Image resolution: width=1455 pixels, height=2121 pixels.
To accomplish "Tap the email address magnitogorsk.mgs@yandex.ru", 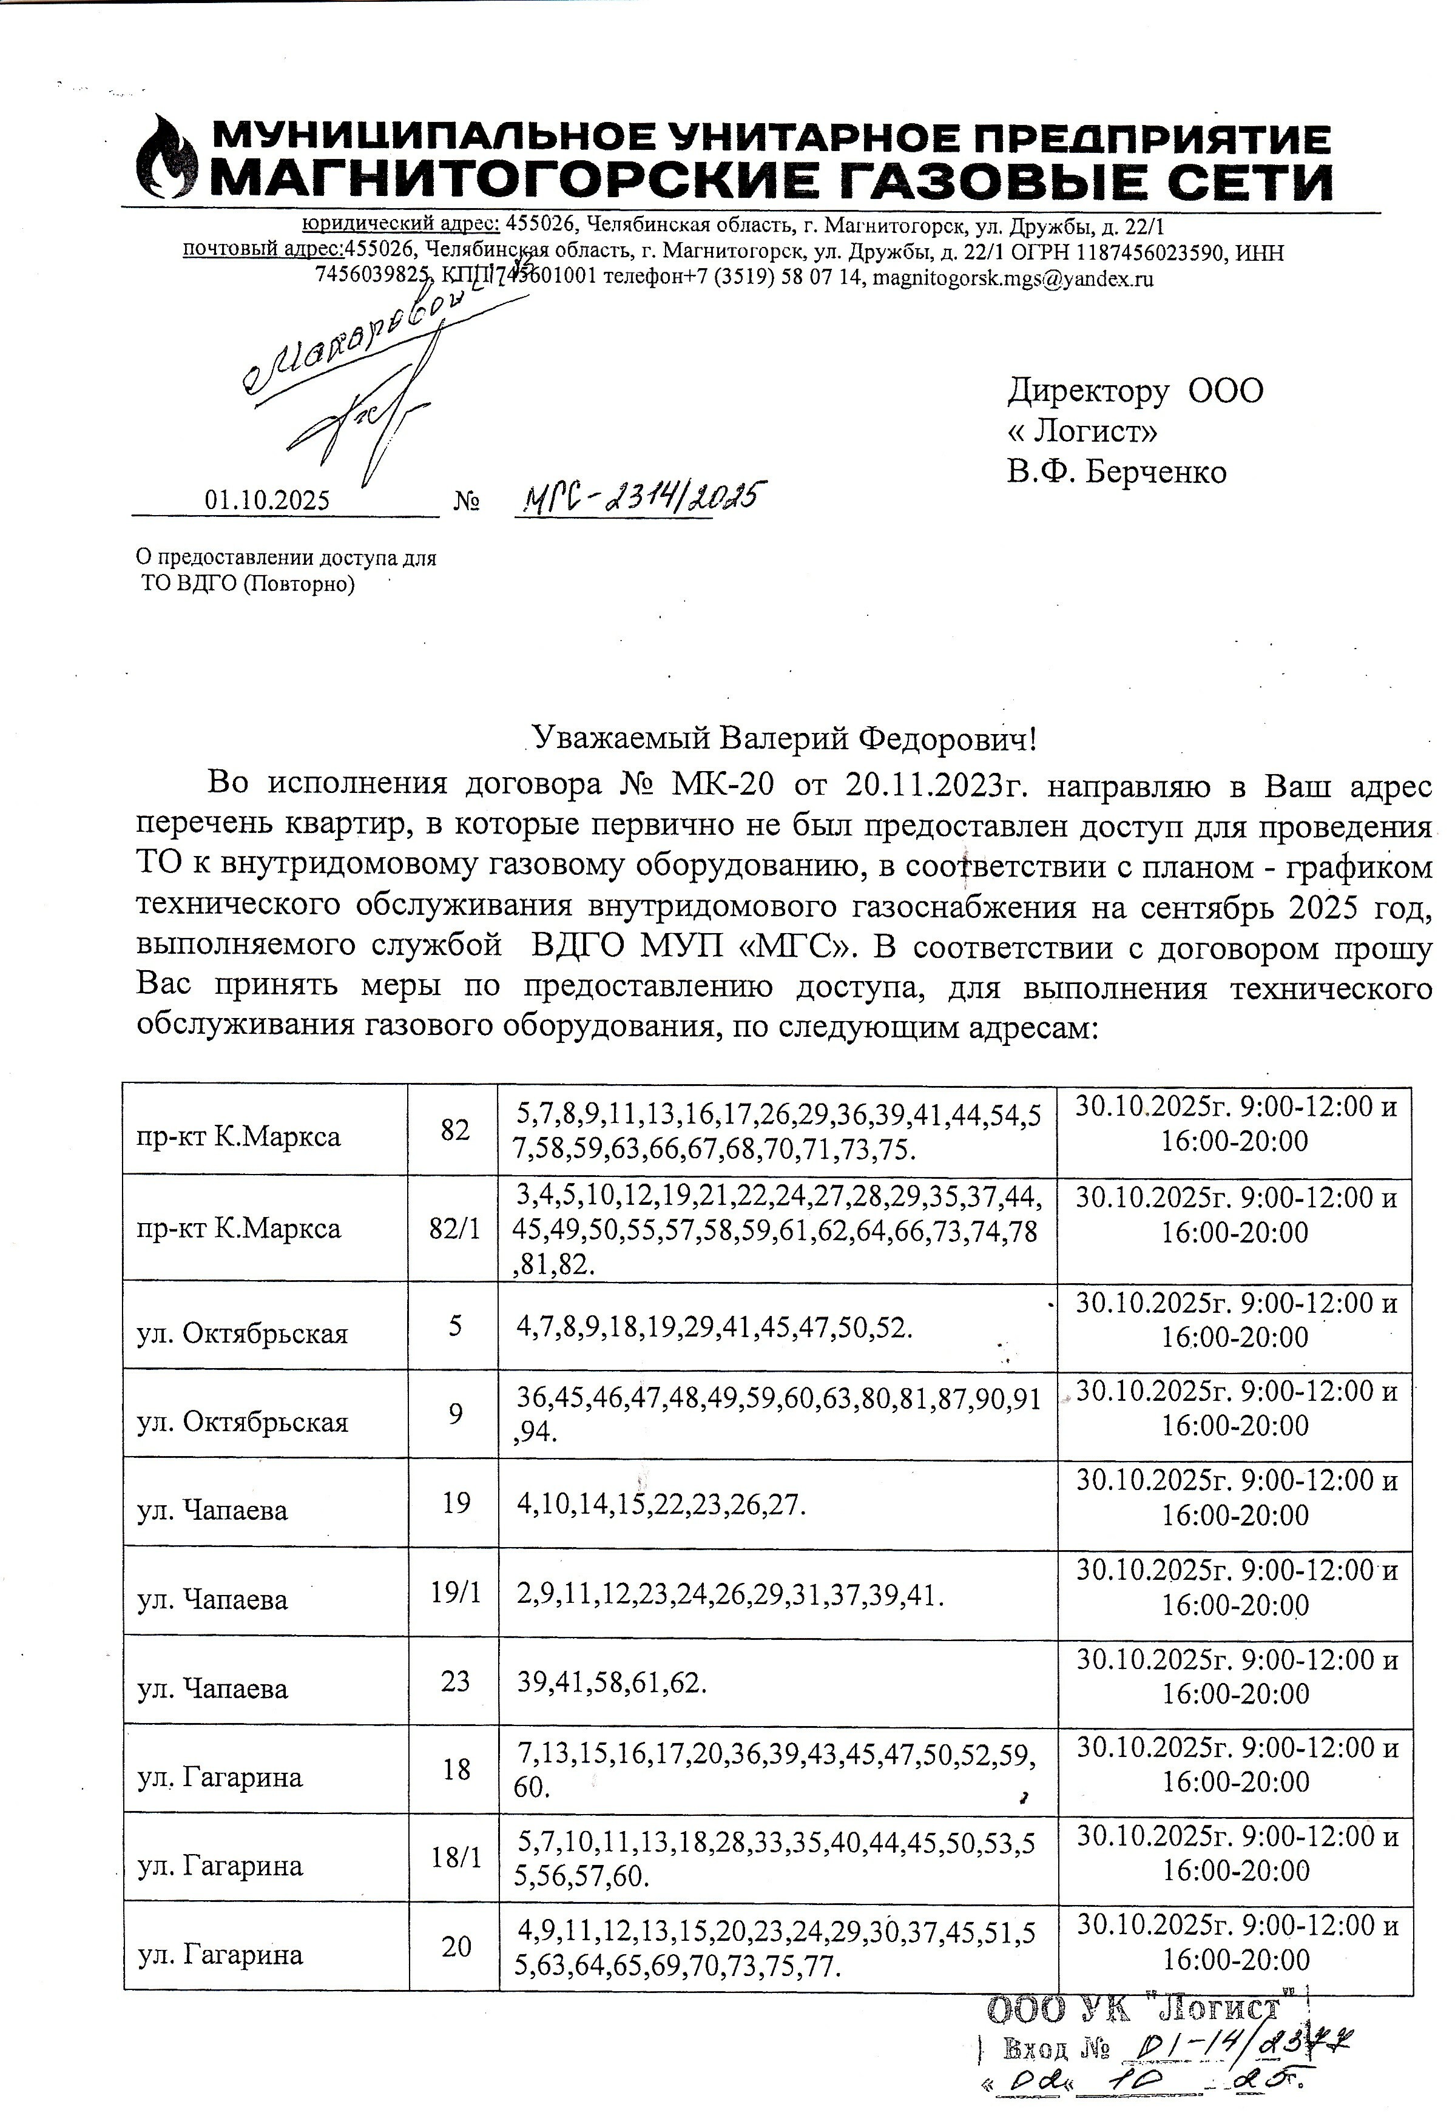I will pos(1013,278).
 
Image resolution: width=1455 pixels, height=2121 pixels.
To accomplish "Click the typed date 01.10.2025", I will pos(268,500).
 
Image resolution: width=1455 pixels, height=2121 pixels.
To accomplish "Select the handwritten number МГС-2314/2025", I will pos(639,497).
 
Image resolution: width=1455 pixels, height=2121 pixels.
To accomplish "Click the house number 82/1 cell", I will pos(454,1229).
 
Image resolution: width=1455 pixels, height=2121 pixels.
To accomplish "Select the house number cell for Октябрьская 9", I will pos(454,1414).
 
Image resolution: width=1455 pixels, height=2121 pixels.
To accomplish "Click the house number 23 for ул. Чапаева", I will pos(454,1681).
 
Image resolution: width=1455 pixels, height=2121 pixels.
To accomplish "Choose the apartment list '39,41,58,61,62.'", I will pos(612,1682).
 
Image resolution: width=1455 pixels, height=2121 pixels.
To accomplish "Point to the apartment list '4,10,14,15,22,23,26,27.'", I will pos(662,1503).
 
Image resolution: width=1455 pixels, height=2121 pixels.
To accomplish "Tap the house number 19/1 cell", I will pos(454,1593).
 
